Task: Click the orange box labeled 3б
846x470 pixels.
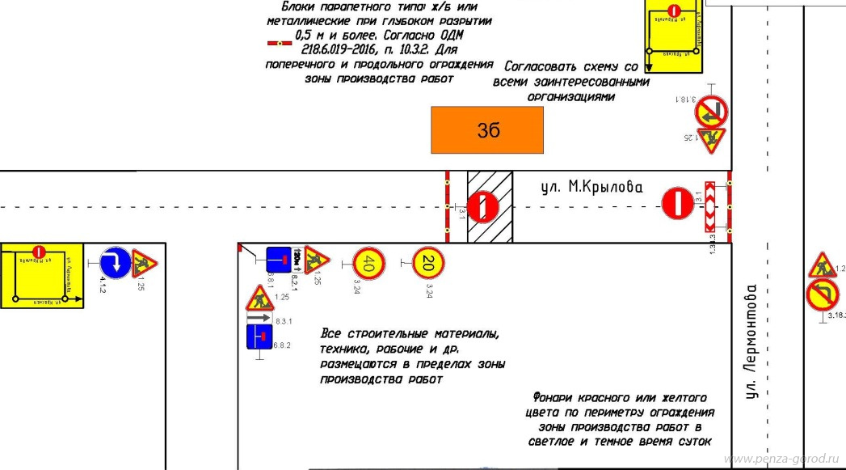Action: pos(486,129)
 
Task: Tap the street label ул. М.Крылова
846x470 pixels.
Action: pos(591,188)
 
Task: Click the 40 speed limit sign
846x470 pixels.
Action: pos(365,262)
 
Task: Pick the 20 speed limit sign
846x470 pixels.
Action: pos(428,261)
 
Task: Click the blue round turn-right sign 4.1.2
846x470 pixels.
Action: pos(114,262)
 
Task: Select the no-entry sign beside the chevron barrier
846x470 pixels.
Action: pos(677,203)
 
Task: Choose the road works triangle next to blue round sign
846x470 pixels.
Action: pos(145,260)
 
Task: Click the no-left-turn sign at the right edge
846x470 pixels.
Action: pos(822,294)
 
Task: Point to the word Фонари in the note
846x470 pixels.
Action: pos(555,398)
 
